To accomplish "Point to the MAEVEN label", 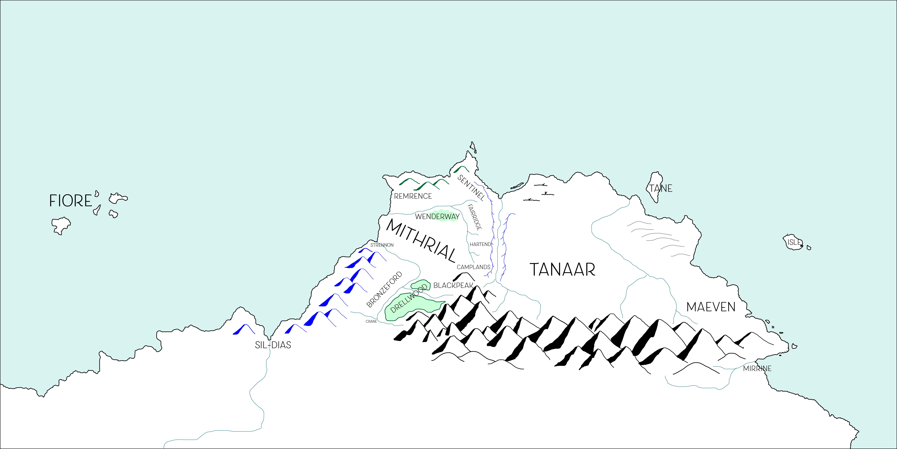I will coord(711,307).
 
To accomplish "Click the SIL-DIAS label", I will coord(273,345).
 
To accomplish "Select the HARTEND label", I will coord(480,244).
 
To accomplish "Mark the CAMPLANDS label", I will coord(474,267).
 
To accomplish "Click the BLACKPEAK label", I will coord(453,286).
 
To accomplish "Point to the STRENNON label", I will coord(382,245).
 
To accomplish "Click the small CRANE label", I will coord(371,321).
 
